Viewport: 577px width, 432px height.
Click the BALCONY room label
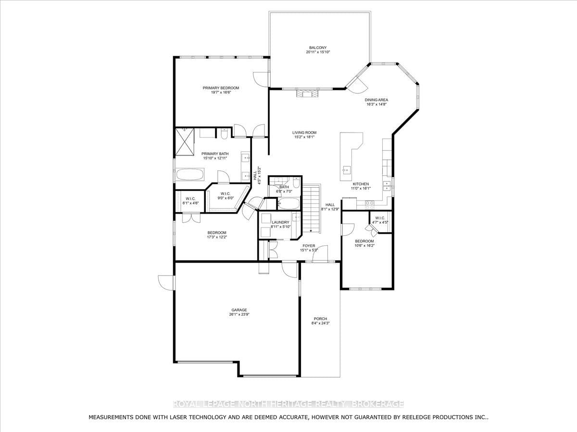tap(318, 48)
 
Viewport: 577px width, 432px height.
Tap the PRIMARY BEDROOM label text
tap(221, 88)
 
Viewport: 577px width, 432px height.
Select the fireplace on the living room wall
tap(307, 94)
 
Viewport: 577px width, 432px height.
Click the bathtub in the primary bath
tap(190, 174)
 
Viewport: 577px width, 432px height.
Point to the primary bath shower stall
tap(185, 142)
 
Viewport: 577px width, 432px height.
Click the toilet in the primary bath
tap(224, 134)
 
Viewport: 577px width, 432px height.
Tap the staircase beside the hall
tap(312, 208)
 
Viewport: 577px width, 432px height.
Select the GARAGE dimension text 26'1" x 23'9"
tap(239, 314)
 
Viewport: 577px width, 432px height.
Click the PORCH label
tap(320, 319)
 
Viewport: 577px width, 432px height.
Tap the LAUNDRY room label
tap(280, 222)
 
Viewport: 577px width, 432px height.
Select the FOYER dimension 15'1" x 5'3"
tap(309, 250)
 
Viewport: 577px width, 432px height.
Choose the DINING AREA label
tap(376, 100)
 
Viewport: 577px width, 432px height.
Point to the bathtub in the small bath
tap(288, 204)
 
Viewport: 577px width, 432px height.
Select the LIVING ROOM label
tap(304, 133)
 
